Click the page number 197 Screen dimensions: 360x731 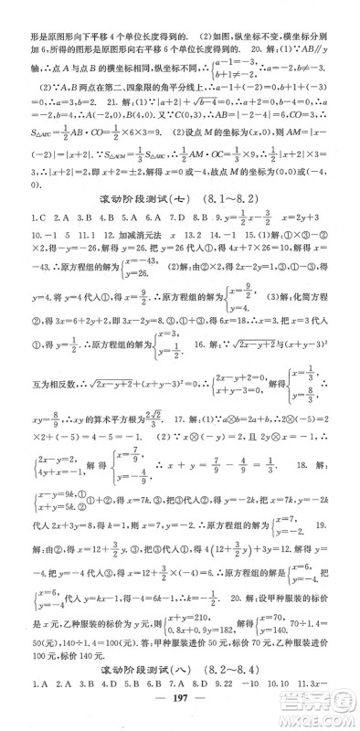(180, 715)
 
